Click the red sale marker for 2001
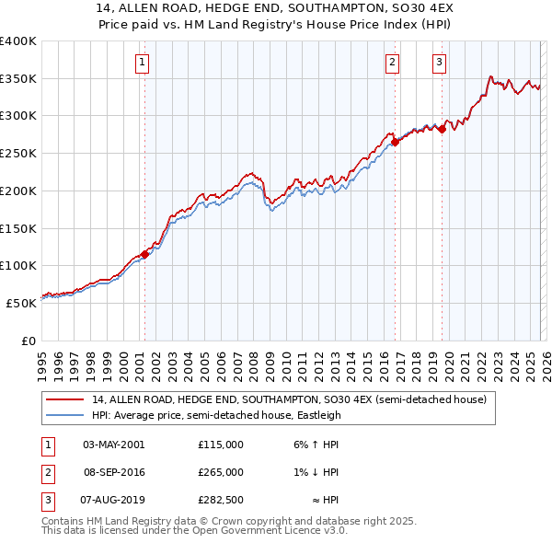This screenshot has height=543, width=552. click(x=144, y=255)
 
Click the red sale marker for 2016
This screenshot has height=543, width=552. click(x=395, y=142)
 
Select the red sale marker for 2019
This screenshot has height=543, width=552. click(x=442, y=129)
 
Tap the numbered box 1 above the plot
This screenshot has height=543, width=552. click(x=144, y=63)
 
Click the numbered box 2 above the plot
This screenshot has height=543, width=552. click(x=393, y=63)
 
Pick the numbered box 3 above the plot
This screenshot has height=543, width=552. click(x=440, y=63)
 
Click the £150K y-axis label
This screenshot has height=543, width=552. click(x=18, y=228)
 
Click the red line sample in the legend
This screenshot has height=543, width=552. click(x=64, y=400)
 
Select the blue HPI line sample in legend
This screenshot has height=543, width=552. click(x=64, y=415)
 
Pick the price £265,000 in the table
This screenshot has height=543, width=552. click(x=220, y=472)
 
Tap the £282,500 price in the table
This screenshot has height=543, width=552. click(x=220, y=500)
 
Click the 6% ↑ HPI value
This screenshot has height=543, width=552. click(x=316, y=445)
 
